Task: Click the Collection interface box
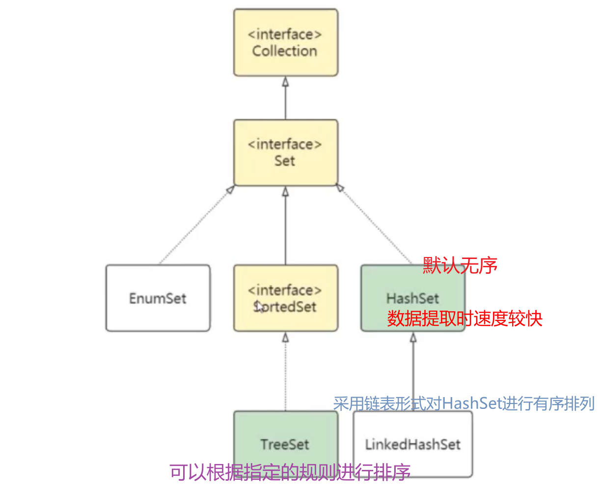click(285, 42)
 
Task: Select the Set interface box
click(285, 152)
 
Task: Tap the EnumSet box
click(158, 298)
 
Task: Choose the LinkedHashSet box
click(412, 445)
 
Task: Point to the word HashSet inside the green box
click(412, 298)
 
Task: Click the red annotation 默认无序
click(460, 266)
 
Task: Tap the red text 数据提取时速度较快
click(464, 318)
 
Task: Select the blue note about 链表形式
click(464, 404)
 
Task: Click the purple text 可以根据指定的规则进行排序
click(290, 472)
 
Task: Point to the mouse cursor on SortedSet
click(259, 307)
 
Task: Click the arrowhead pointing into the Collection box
click(285, 82)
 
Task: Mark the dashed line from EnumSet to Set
click(196, 225)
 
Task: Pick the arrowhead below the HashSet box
click(413, 338)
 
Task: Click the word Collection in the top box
click(285, 51)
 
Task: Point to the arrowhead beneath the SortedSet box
click(285, 338)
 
